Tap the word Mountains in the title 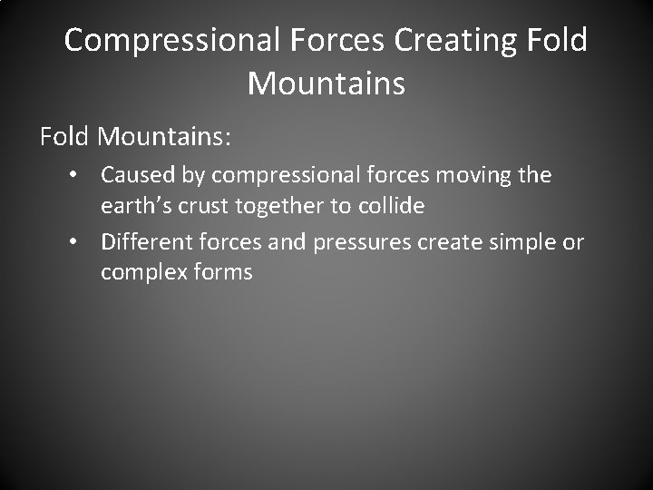(326, 83)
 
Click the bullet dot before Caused (83, 174)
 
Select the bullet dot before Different (83, 243)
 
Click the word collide (391, 207)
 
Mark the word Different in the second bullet (147, 242)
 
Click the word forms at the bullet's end (221, 272)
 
